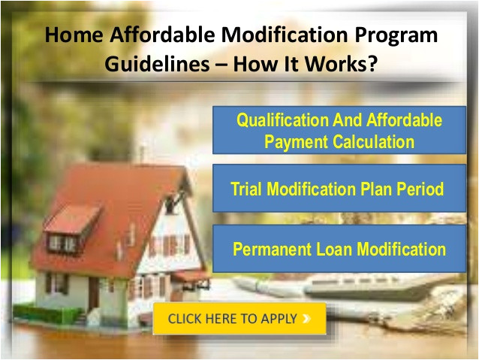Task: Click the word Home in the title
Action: [71, 35]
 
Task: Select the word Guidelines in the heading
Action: [152, 64]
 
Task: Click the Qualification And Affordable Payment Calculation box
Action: [339, 130]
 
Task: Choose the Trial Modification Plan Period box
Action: [339, 189]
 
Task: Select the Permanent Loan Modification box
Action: [339, 250]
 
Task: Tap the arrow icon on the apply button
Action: [306, 319]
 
